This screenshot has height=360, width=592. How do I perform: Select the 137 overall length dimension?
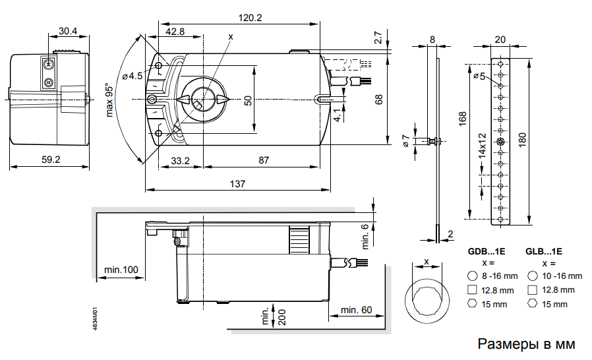237,184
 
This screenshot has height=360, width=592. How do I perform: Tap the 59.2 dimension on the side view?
49,159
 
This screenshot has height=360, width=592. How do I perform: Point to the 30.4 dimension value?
67,31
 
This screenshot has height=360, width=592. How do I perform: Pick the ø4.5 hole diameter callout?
131,76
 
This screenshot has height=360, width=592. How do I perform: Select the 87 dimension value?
263,160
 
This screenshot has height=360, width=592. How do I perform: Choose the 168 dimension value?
463,119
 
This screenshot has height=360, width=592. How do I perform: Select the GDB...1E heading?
487,251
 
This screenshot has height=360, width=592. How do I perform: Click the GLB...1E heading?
544,251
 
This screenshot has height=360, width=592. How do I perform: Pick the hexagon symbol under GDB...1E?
471,304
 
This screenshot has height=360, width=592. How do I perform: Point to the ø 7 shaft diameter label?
406,140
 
